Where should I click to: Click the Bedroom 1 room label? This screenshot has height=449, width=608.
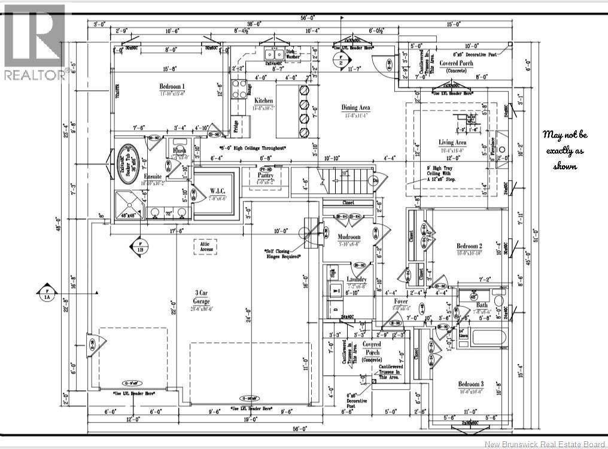pos(172,86)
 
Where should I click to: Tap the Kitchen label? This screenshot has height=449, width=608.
pos(264,101)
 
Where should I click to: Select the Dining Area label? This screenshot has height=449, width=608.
pos(355,108)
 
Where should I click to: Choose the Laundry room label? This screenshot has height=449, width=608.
pos(357,280)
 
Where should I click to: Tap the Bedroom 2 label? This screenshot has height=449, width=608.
pos(469,246)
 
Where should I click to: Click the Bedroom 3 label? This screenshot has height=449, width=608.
pos(470,384)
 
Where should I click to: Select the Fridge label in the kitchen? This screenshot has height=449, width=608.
pos(237,126)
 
